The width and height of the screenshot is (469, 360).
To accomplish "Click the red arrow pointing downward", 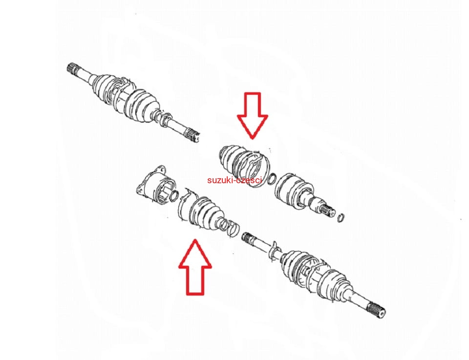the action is click(x=253, y=115).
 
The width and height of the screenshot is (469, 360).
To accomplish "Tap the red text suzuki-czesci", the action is click(x=234, y=180).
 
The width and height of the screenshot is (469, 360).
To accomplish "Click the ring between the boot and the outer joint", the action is click(x=272, y=179).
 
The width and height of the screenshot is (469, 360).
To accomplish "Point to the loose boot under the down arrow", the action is click(x=245, y=166).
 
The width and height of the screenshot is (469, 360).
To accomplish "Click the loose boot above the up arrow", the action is click(x=206, y=213).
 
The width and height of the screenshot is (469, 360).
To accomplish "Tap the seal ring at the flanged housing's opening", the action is click(x=174, y=195).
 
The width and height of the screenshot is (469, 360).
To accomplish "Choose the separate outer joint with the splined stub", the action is click(x=305, y=192).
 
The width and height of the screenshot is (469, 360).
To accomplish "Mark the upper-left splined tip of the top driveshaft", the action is click(x=72, y=69).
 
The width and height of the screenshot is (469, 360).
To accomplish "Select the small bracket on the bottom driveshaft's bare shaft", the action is click(x=274, y=251).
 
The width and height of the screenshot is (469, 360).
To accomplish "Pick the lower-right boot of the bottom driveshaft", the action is click(x=334, y=284).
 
